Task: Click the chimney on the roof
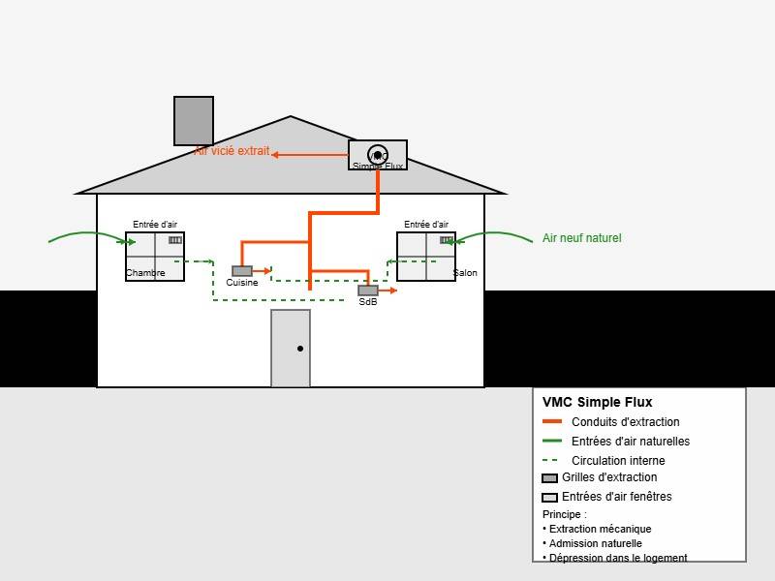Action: (194, 121)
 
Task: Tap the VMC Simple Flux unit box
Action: (378, 155)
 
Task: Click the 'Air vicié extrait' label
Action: (232, 151)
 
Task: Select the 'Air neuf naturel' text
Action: (581, 238)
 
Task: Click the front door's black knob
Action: (300, 349)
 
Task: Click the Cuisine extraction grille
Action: (242, 271)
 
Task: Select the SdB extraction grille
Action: (368, 290)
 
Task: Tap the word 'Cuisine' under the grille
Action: (242, 283)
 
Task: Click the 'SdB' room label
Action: (368, 302)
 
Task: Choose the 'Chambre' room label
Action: (145, 273)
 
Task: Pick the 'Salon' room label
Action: (466, 273)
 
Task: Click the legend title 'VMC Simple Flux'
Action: (597, 403)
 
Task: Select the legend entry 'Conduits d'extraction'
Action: (625, 422)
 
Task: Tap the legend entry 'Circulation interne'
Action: (618, 461)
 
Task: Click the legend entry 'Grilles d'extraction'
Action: (609, 477)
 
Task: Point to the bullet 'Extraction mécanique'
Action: (600, 529)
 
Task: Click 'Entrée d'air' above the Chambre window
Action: (155, 225)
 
